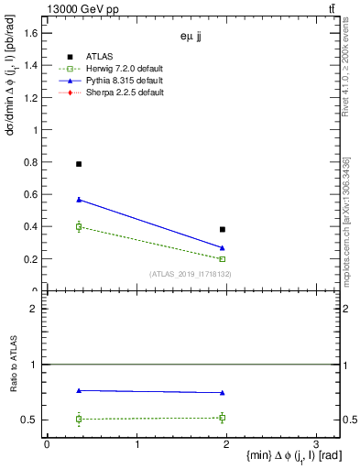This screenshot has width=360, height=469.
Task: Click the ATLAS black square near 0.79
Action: click(x=79, y=164)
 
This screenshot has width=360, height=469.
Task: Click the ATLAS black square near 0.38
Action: click(x=223, y=229)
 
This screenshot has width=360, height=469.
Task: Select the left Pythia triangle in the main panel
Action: click(x=79, y=200)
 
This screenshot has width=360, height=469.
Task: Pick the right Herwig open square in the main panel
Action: click(x=223, y=259)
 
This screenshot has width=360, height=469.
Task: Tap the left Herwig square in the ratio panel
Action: click(x=79, y=419)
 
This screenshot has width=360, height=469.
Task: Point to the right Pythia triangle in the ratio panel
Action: click(x=223, y=393)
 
